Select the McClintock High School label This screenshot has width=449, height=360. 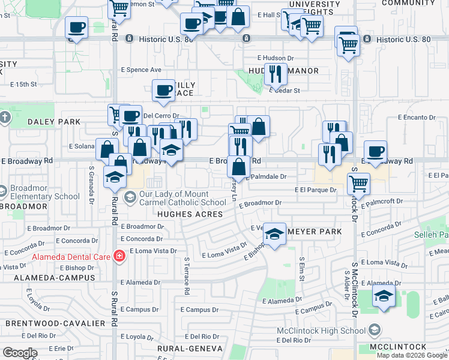click(321, 330)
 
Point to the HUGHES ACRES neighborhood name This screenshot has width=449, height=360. click(185, 214)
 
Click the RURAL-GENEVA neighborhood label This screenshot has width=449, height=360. click(190, 348)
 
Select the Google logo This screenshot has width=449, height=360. click(20, 353)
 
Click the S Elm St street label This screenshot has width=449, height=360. click(302, 270)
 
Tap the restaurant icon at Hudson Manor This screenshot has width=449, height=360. click(276, 74)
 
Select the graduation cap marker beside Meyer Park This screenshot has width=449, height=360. click(275, 234)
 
